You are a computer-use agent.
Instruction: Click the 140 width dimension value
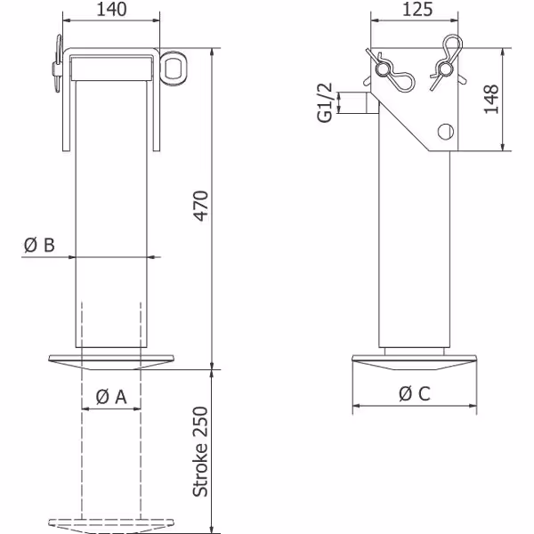(x=112, y=9)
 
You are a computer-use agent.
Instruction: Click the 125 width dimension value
(x=417, y=9)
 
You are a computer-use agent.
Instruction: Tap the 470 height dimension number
(x=201, y=206)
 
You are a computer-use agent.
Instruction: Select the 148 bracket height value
(x=491, y=99)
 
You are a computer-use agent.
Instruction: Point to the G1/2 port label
(x=325, y=102)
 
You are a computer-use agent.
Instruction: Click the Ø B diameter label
(x=39, y=245)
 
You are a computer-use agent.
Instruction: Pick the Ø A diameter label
(x=111, y=397)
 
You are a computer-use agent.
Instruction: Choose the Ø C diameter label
(x=415, y=393)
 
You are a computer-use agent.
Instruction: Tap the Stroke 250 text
(x=200, y=451)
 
